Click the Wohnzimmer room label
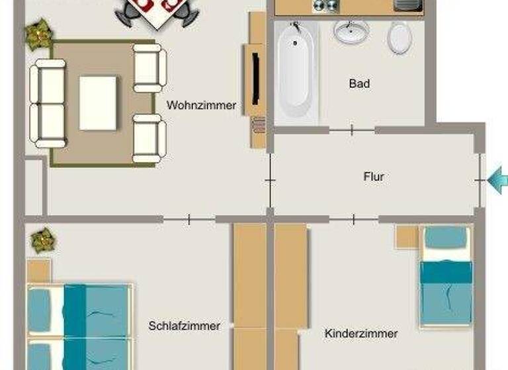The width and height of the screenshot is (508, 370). pyautogui.click(x=201, y=105)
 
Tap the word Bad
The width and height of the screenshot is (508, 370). pyautogui.click(x=359, y=84)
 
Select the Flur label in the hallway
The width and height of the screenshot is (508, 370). pyautogui.click(x=374, y=177)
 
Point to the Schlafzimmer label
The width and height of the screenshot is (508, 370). pyautogui.click(x=184, y=326)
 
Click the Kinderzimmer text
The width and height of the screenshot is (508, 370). pyautogui.click(x=361, y=334)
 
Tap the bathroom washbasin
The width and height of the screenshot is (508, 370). pyautogui.click(x=351, y=31)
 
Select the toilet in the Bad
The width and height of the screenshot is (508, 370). pyautogui.click(x=400, y=38)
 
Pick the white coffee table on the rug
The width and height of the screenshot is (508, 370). pyautogui.click(x=99, y=103)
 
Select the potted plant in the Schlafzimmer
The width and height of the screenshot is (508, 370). pyautogui.click(x=42, y=239)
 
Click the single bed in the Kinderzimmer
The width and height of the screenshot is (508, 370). pyautogui.click(x=446, y=277)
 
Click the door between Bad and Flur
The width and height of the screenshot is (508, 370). pyautogui.click(x=351, y=130)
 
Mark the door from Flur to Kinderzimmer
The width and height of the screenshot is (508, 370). pyautogui.click(x=355, y=219)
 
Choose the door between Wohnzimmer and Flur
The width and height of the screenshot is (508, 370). pyautogui.click(x=271, y=178)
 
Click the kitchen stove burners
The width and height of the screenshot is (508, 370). pyautogui.click(x=325, y=5)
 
